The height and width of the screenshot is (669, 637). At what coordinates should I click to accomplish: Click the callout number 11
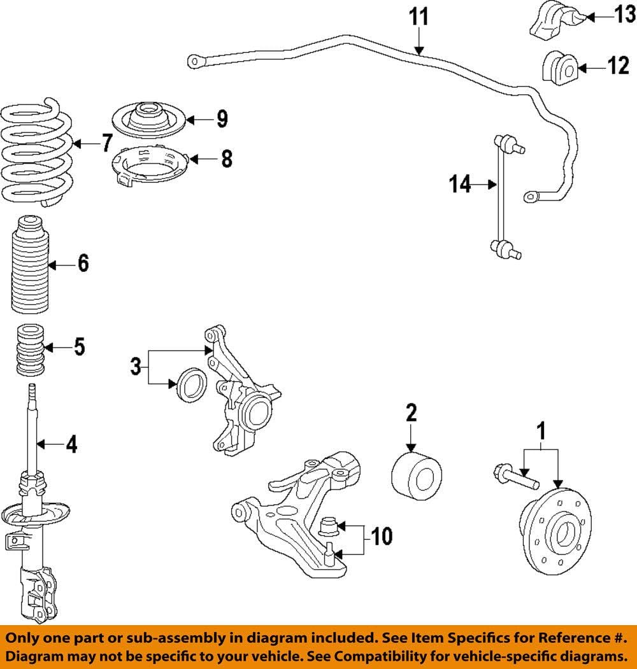tap(419, 17)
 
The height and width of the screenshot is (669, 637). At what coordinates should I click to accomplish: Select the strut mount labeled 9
tap(148, 118)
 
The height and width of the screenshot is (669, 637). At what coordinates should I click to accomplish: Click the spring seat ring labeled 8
tap(148, 163)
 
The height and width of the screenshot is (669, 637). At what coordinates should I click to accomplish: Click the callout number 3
tap(135, 366)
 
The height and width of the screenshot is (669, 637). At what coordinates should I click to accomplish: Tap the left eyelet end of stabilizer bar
tap(194, 61)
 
